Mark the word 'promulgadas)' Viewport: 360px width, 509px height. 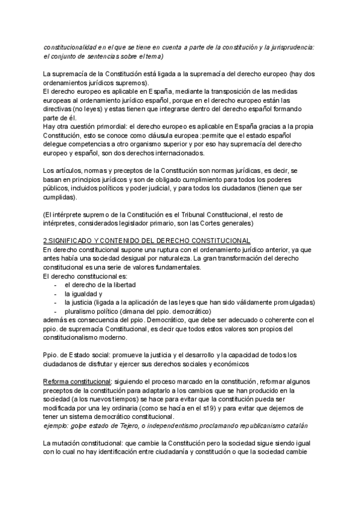291,302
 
